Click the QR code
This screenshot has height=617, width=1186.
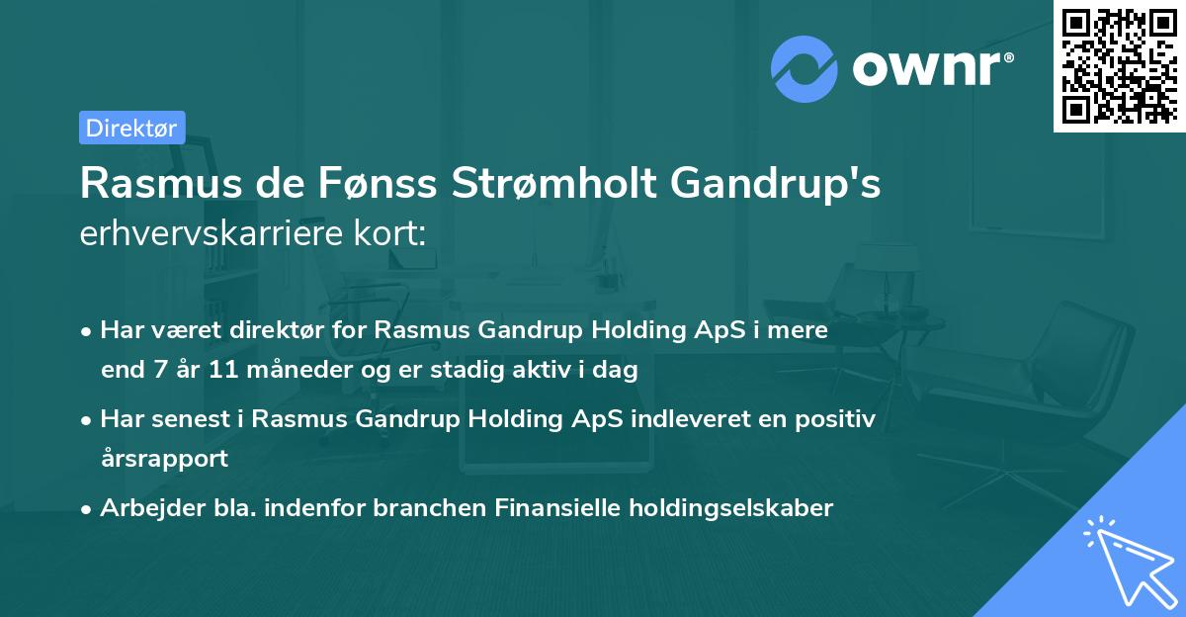tap(1119, 65)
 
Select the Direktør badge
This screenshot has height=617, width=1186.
tap(131, 127)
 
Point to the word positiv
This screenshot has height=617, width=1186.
tap(836, 418)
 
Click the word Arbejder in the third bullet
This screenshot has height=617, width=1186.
tap(144, 507)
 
